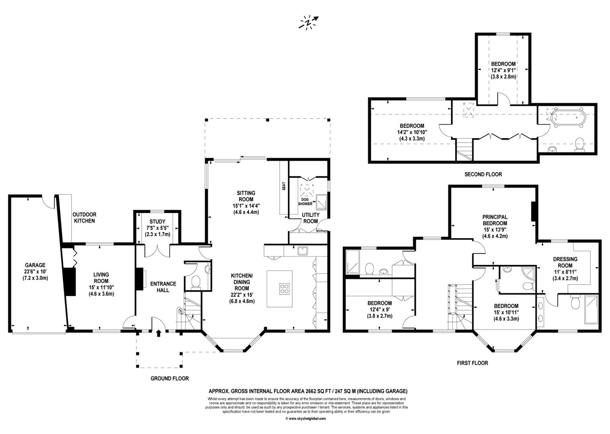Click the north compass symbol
(309, 23)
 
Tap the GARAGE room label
(35, 265)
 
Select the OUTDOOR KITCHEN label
(84, 217)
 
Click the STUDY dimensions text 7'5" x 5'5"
(157, 228)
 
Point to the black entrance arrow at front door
(159, 333)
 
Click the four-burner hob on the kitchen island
(284, 289)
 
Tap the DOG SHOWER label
(305, 202)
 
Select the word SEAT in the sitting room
(284, 186)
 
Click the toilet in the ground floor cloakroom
(196, 282)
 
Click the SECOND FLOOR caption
(483, 174)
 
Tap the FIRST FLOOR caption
(472, 363)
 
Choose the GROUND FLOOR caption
(170, 379)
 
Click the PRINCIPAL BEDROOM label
(495, 220)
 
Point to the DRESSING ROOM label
(565, 262)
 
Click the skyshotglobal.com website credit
(305, 418)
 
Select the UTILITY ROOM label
(311, 218)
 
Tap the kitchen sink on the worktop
(303, 250)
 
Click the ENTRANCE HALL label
(163, 287)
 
